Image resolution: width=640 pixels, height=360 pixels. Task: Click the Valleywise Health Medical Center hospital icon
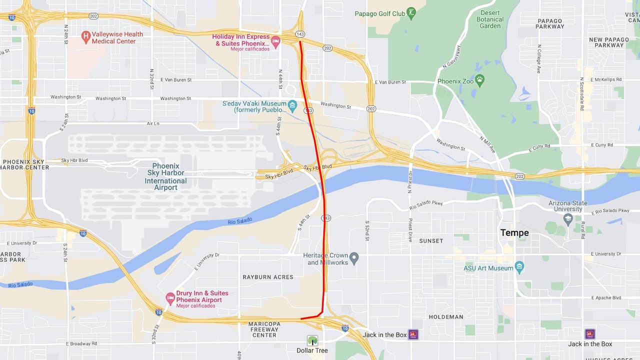point(85,35)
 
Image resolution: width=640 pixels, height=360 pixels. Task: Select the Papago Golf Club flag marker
point(411,13)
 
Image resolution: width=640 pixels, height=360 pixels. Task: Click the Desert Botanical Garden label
point(490,19)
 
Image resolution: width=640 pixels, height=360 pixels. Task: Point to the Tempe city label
point(514,233)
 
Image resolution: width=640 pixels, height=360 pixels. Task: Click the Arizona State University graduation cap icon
point(567,218)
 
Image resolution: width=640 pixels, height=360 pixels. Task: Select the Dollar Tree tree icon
point(312,340)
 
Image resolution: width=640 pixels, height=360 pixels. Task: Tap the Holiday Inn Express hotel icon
point(275,39)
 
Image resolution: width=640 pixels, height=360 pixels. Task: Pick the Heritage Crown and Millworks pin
point(354,258)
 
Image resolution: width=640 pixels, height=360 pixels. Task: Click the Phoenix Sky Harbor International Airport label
point(165,176)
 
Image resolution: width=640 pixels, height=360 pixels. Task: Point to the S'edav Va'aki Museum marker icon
point(292,106)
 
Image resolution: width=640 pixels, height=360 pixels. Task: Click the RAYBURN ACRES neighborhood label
point(268,277)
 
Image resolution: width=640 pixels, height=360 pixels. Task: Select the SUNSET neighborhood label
point(431,241)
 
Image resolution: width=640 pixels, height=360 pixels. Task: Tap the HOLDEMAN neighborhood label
point(446,317)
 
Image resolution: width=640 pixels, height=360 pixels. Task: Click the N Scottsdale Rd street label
point(582,93)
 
